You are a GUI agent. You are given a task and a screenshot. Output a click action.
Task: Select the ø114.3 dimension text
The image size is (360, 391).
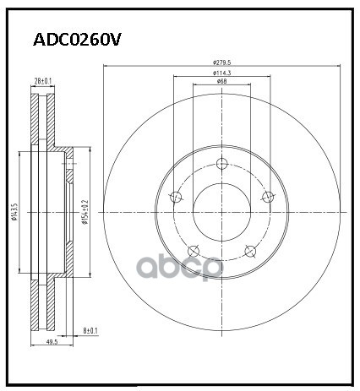coord(222,73)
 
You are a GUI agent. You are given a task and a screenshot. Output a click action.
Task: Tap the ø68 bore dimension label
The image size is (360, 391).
coord(221,82)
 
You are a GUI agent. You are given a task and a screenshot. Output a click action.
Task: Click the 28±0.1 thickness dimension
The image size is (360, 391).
coord(42,80)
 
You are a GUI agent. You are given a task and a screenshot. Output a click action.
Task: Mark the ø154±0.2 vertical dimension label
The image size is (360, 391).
coord(83,213)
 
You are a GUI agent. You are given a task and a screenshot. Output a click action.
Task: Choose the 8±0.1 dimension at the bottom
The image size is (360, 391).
coord(90,332)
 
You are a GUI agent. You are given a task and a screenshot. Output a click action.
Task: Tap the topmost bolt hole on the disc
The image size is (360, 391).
coord(221,164)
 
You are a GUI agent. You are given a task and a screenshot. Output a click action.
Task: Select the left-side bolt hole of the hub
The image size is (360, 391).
coord(176,198)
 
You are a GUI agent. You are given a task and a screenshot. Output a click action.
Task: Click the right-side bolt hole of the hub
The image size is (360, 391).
coord(268,197)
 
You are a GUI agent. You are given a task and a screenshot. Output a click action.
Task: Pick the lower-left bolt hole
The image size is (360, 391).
coord(194,250)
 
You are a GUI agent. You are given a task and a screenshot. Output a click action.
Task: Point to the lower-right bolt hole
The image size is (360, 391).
coord(249,250)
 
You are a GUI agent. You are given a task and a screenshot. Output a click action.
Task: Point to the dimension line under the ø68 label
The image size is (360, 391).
coord(221,86)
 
